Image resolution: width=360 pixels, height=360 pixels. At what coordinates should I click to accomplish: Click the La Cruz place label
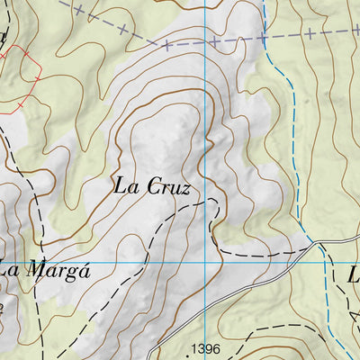[x=152, y=187]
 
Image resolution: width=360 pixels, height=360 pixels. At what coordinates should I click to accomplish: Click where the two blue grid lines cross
[x=205, y=263]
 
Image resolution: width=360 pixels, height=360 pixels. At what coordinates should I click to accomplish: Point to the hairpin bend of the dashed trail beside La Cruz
[x=217, y=202]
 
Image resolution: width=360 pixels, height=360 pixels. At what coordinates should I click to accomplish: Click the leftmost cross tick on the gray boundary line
[x=79, y=10]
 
